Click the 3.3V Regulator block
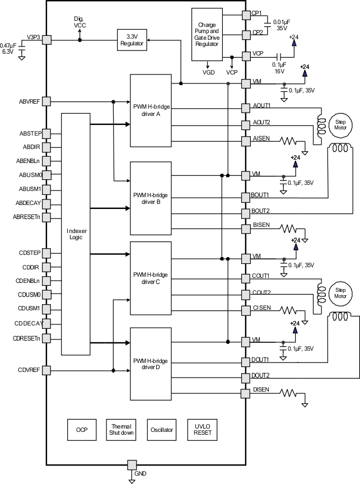pyautogui.click(x=132, y=40)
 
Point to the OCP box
pyautogui.click(x=82, y=430)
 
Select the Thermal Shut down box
pyautogui.click(x=120, y=430)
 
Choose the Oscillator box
pyautogui.click(x=161, y=430)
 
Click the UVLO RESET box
pyautogui.click(x=202, y=430)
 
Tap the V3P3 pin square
pyautogui.click(x=46, y=40)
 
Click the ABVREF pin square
pyautogui.click(x=46, y=101)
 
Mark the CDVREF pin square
pyautogui.click(x=46, y=370)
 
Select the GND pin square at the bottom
pyautogui.click(x=132, y=464)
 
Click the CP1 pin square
pyautogui.click(x=245, y=15)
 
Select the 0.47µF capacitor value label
pyautogui.click(x=8, y=45)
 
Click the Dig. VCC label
pyautogui.click(x=79, y=21)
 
